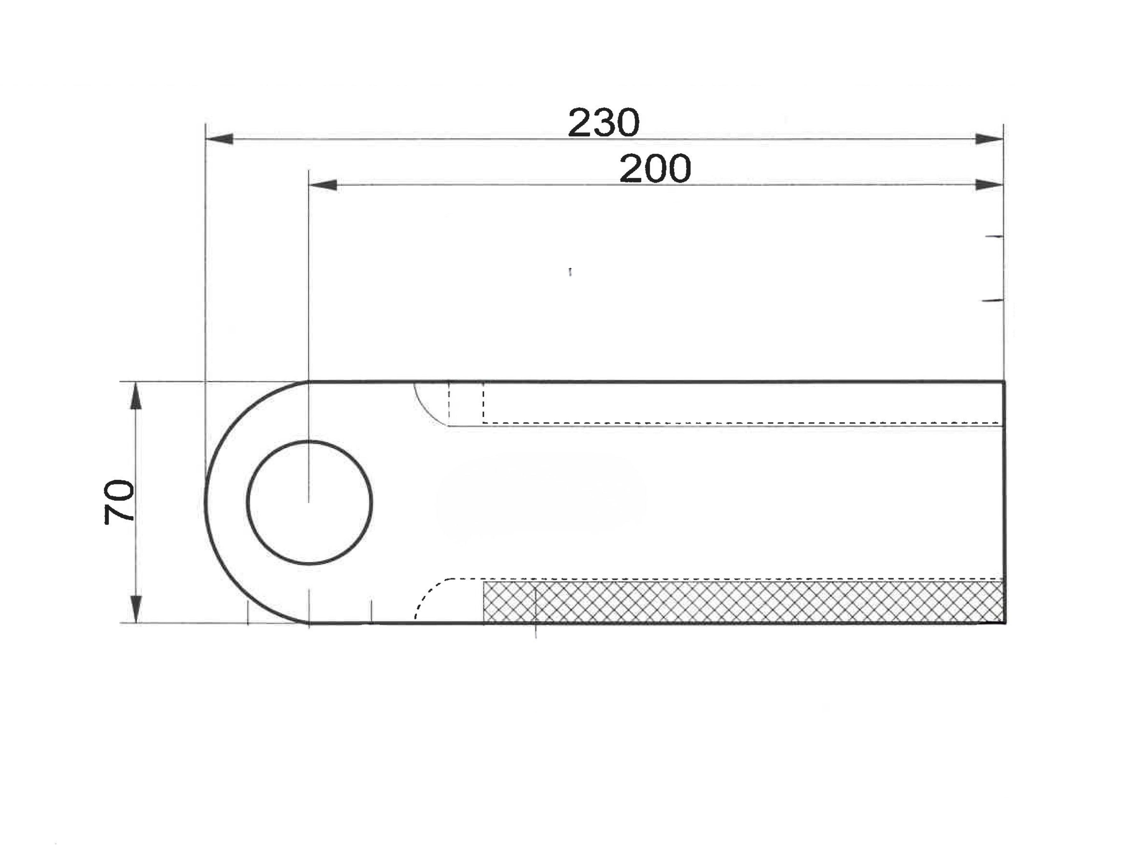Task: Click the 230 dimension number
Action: point(604,123)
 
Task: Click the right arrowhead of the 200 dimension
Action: point(989,184)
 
